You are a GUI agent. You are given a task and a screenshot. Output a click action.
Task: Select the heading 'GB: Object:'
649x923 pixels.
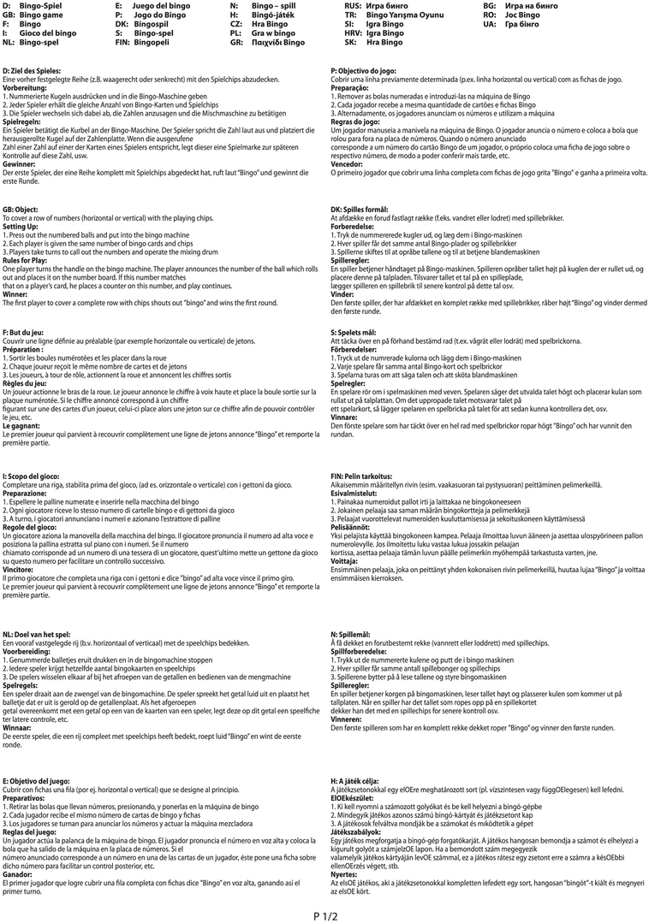21,210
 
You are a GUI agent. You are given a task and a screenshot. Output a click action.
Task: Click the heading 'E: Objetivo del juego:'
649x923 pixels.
37,782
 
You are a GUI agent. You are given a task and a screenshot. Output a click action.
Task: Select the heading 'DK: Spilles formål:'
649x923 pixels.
360,210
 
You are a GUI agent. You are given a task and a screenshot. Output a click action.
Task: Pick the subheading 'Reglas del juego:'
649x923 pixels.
31,832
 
